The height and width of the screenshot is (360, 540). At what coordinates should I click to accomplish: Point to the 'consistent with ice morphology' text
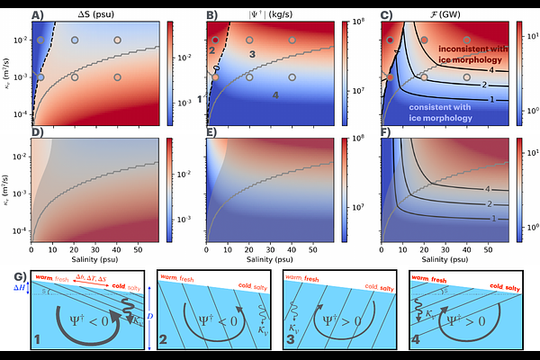tap(444, 112)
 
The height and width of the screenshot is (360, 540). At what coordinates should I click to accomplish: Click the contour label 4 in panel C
tap(491, 69)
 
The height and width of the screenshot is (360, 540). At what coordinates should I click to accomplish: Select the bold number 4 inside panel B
tap(276, 94)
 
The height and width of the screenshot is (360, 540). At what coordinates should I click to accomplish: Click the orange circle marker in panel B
tap(215, 77)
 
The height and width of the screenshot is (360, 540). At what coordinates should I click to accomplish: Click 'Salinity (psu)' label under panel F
tap(445, 260)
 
